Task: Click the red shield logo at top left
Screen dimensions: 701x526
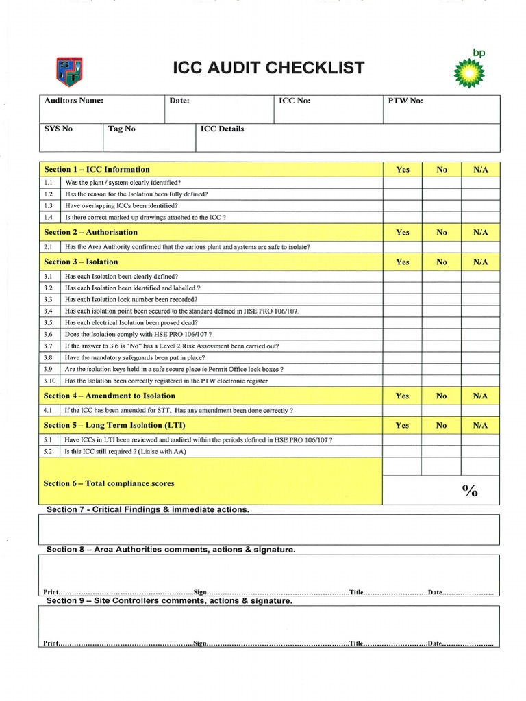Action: click(x=68, y=71)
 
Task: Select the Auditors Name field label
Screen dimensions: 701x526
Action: click(x=74, y=101)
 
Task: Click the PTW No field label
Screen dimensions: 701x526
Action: click(x=405, y=101)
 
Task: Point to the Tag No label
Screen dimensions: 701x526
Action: click(x=122, y=129)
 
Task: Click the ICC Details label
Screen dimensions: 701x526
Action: click(x=222, y=129)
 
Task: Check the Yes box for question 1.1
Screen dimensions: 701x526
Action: click(x=402, y=183)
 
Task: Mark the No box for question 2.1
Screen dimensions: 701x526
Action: click(x=441, y=247)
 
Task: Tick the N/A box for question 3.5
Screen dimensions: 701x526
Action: click(x=480, y=322)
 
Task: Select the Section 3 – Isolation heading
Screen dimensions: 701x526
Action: click(x=81, y=262)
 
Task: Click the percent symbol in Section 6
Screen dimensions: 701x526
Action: click(x=469, y=491)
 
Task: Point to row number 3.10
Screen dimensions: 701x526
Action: click(x=49, y=381)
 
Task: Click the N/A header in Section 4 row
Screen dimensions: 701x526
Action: click(x=480, y=396)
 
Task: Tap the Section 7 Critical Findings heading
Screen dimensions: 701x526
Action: click(x=147, y=510)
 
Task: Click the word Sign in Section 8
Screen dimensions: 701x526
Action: click(x=200, y=591)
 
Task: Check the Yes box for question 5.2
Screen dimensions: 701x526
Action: click(x=402, y=452)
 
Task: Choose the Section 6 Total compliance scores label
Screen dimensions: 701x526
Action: click(x=109, y=483)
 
